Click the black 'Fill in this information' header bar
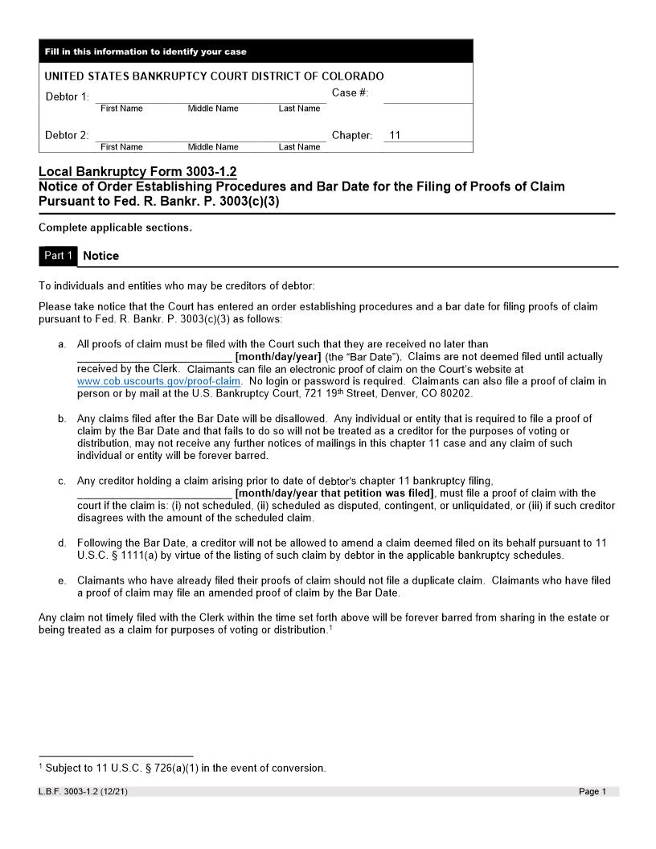click(x=256, y=51)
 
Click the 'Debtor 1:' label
click(x=67, y=97)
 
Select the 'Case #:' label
click(x=351, y=93)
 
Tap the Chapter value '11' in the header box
click(x=394, y=136)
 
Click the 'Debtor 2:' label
click(x=67, y=136)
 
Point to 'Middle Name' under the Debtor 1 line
click(x=213, y=109)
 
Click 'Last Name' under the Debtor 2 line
click(x=299, y=147)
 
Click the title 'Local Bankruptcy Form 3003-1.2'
click(x=137, y=172)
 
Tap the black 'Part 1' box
click(x=58, y=256)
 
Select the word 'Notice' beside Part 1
click(x=101, y=256)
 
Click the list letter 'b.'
click(x=62, y=419)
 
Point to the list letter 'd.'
click(x=62, y=543)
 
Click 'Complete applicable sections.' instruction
click(x=115, y=228)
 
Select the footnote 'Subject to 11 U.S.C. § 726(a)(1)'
click(x=185, y=768)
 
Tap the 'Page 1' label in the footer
click(x=592, y=792)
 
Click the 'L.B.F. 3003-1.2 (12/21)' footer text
click(x=83, y=792)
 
